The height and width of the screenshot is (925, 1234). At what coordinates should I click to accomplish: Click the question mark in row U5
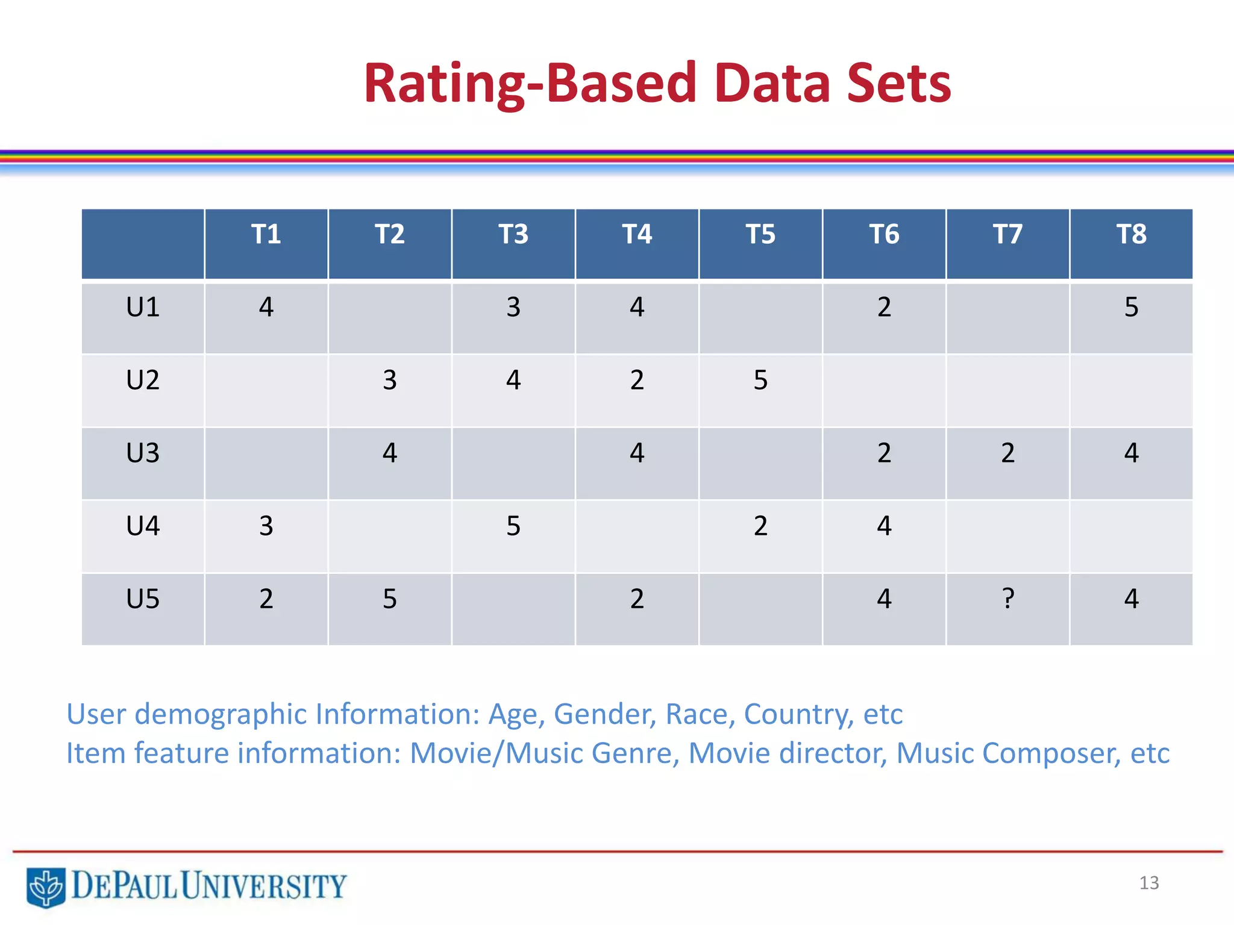coord(1007,599)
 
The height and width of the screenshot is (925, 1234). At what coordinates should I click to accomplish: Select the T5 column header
coord(760,234)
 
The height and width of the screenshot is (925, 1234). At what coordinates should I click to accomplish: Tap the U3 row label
coord(143,453)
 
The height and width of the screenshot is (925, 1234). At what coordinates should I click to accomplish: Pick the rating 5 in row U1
coord(1131,307)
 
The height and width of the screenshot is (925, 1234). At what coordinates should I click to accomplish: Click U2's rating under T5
coord(760,380)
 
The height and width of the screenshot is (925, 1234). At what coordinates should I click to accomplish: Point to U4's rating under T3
coord(513,526)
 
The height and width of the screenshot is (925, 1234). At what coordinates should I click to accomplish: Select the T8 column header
coord(1131,234)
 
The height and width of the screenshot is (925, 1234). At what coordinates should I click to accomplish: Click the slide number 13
coord(1148,883)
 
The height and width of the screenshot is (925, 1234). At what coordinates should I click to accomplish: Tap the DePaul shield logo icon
coord(46,886)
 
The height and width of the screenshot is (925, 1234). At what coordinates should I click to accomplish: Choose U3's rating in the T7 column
coord(1007,453)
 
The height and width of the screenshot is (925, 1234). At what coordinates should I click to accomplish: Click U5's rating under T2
coord(390,599)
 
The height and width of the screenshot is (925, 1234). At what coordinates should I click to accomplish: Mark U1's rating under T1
coord(266,307)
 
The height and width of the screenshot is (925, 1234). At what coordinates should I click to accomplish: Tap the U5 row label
coord(143,599)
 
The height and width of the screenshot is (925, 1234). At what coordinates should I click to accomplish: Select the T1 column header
coord(266,234)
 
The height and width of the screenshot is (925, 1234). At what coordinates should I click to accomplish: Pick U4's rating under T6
coord(884,526)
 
